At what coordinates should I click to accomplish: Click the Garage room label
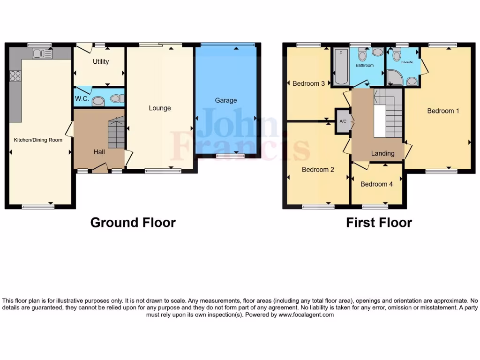(226, 100)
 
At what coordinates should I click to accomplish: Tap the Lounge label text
(160, 108)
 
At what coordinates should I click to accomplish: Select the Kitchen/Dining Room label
(38, 140)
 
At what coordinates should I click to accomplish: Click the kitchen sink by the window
(42, 54)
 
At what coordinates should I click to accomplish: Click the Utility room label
(101, 62)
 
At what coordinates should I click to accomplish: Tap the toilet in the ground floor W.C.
(99, 100)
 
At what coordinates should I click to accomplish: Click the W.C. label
(82, 99)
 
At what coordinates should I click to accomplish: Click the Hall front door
(100, 168)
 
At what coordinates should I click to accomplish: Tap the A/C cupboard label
(342, 121)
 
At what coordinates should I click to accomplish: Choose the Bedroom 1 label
(443, 111)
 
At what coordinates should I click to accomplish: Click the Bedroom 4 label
(376, 184)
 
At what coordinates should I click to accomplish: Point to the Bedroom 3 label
(308, 84)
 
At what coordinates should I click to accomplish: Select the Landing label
(382, 153)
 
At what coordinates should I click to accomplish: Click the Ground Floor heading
(133, 222)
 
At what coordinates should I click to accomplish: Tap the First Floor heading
(379, 222)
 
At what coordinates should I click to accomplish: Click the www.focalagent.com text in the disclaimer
(306, 315)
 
